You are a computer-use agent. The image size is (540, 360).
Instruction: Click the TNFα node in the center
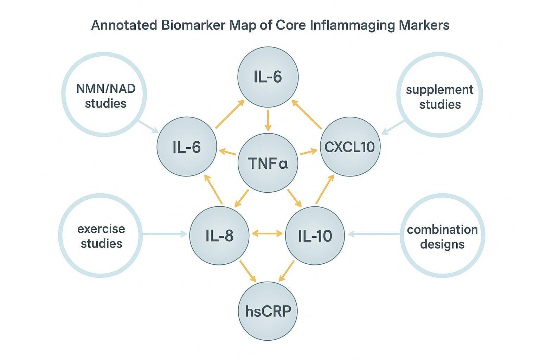coord(268,163)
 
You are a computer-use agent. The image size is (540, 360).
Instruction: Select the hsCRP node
coord(268,311)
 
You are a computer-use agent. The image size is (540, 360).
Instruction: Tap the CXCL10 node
coord(350,147)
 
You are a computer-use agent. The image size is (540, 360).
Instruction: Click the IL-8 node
coord(219,235)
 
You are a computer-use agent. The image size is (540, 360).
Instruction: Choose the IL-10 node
coord(315,235)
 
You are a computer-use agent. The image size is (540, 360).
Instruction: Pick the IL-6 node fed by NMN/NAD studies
coord(187,147)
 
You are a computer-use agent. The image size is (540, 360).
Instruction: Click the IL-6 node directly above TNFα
coord(268,76)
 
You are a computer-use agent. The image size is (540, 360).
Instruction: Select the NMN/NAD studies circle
coord(104,94)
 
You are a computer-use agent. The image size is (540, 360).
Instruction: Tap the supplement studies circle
coord(439,94)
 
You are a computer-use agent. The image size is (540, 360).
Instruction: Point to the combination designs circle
coord(442,235)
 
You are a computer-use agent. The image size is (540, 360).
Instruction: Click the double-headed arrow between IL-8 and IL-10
coord(268,233)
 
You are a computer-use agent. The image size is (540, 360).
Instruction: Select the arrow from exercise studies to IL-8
coord(165,233)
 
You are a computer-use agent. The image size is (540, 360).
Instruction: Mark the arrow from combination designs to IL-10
coord(374,234)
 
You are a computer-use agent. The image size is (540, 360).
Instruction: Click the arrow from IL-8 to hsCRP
coord(248,271)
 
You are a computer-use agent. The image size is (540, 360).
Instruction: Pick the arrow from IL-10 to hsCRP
coord(287,271)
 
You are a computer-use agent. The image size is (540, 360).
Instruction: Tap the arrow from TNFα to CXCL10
coord(309,152)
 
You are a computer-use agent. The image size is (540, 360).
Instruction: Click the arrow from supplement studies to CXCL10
coord(393,128)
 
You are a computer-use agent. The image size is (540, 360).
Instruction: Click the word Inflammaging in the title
coord(353,25)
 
